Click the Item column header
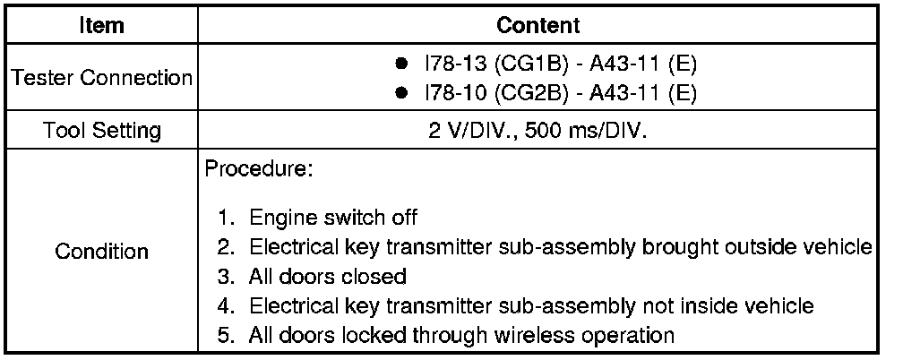pos(101,25)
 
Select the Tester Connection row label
pos(101,78)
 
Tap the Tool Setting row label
pos(101,131)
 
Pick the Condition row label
pos(101,251)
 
